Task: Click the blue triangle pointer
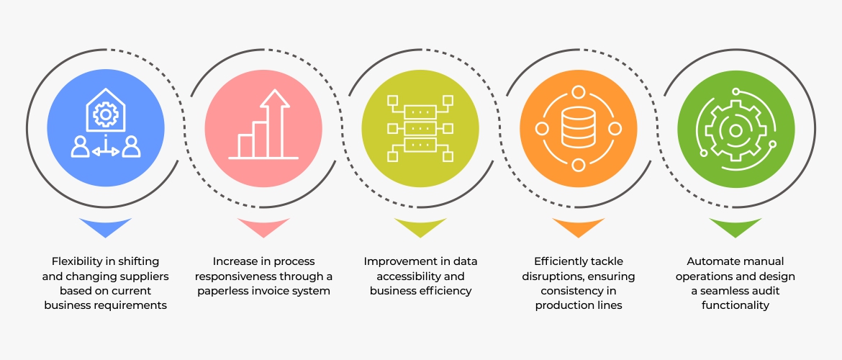pos(105,225)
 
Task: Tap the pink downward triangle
pos(263,225)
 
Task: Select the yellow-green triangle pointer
pos(420,225)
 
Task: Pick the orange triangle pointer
pos(579,225)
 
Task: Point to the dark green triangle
pos(735,225)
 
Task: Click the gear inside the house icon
pos(105,114)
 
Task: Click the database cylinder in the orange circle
pos(579,127)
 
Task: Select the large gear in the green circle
pos(735,130)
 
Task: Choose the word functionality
pos(735,306)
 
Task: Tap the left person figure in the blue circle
pos(81,146)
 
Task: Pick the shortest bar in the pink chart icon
pos(246,146)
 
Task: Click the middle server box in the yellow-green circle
pos(420,129)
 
